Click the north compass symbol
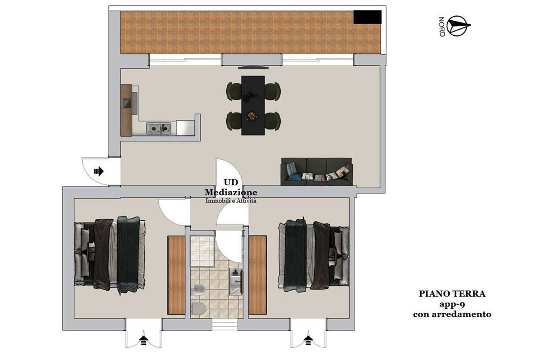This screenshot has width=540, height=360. [x=458, y=26]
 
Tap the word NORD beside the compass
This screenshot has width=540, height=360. [x=441, y=27]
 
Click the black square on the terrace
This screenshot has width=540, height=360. [x=367, y=17]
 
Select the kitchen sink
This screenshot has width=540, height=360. [x=158, y=128]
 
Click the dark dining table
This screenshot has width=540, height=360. [x=253, y=105]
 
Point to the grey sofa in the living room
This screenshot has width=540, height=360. [x=316, y=172]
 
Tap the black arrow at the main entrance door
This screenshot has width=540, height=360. [x=99, y=171]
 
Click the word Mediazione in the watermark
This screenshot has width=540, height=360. [x=231, y=192]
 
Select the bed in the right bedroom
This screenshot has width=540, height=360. [x=314, y=256]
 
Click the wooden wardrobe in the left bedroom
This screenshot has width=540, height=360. [x=176, y=275]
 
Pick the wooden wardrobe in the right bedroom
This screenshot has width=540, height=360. [x=258, y=275]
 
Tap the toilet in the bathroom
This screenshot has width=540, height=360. [x=198, y=308]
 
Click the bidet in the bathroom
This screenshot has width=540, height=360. [x=198, y=288]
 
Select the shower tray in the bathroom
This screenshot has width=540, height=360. [x=202, y=251]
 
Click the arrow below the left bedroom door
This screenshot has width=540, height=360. [x=144, y=340]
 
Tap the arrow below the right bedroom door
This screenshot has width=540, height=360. [x=308, y=340]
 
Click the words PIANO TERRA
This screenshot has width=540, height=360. [x=452, y=294]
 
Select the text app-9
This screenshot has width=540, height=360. [x=452, y=304]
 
